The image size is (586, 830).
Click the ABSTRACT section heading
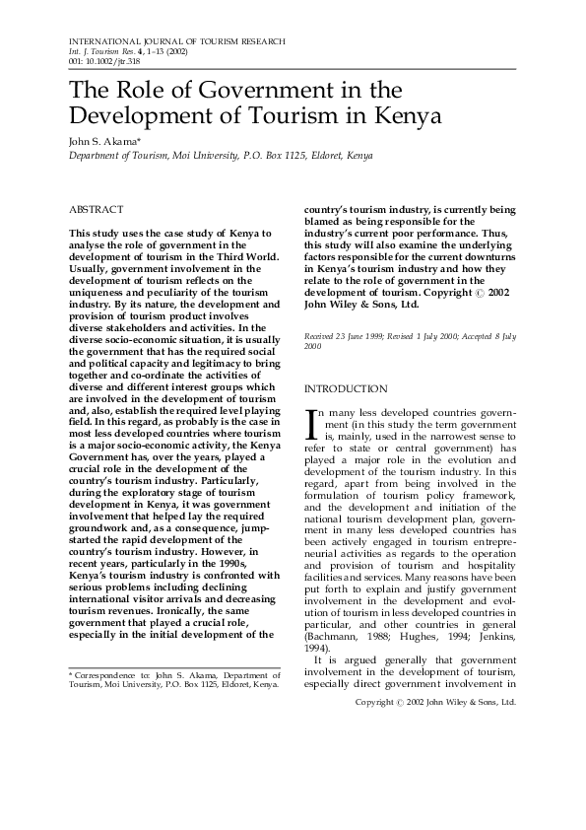96,210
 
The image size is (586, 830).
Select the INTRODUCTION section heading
346,389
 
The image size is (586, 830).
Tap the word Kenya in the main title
404,114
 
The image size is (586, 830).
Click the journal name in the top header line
177,42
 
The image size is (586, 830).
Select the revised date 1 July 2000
441,336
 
